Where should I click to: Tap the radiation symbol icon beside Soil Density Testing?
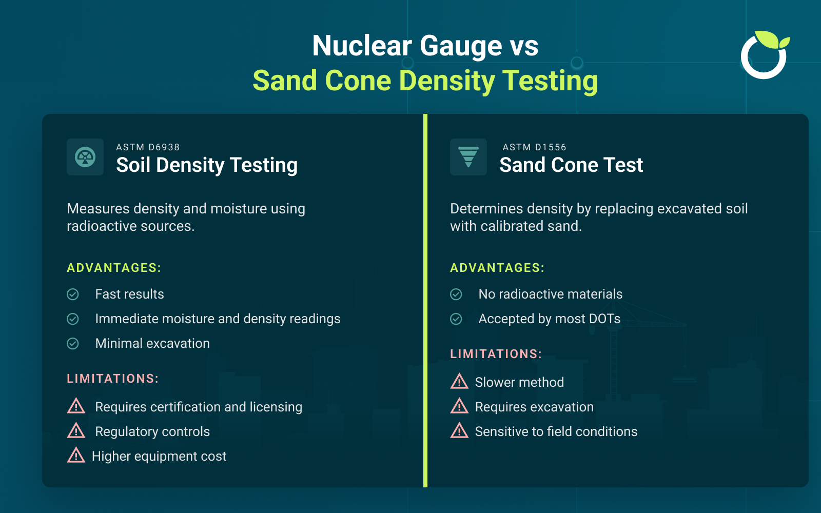click(x=85, y=157)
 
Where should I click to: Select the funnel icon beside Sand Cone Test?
click(x=468, y=157)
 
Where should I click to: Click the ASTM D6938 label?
click(x=148, y=147)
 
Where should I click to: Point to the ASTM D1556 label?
click(x=534, y=147)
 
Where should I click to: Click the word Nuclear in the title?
click(x=362, y=46)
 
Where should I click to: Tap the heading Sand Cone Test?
click(x=571, y=165)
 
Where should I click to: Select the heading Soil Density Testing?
click(x=206, y=165)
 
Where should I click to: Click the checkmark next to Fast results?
click(x=73, y=294)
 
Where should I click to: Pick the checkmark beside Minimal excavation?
click(x=73, y=343)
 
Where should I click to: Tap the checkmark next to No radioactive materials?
click(x=456, y=294)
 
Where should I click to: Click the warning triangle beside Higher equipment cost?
click(x=76, y=455)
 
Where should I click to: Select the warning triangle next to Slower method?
click(x=459, y=381)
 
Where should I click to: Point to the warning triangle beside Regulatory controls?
click(x=76, y=430)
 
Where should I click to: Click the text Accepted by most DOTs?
click(x=549, y=319)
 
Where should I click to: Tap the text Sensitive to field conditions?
click(x=556, y=431)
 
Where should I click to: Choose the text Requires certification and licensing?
click(x=199, y=407)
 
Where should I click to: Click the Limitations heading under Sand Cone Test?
click(x=496, y=354)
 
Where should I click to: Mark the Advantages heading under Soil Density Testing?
click(x=114, y=268)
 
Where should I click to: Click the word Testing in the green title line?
click(x=550, y=81)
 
